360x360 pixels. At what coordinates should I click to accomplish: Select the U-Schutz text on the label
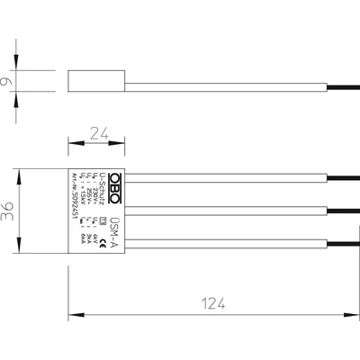[105, 188]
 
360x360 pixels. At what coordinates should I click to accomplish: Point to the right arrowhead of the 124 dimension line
[354, 314]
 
